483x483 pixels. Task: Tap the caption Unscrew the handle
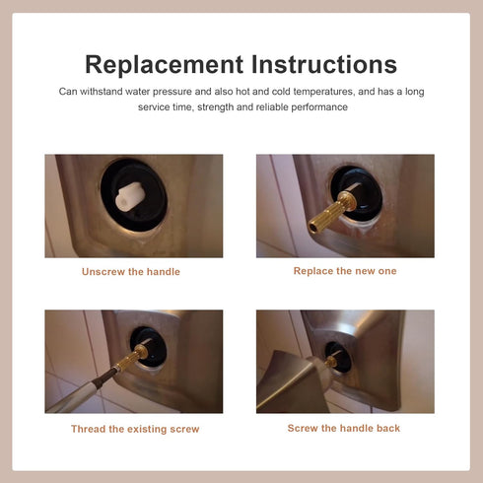tap(131, 272)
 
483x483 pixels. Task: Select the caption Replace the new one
tap(345, 270)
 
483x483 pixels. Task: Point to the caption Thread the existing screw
tap(135, 429)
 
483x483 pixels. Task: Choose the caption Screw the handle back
tap(344, 428)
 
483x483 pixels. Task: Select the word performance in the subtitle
tap(320, 106)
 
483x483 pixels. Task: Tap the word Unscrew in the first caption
tap(103, 272)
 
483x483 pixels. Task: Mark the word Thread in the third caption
tap(89, 429)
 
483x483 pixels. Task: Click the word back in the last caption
tap(387, 428)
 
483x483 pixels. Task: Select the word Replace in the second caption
tap(314, 270)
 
